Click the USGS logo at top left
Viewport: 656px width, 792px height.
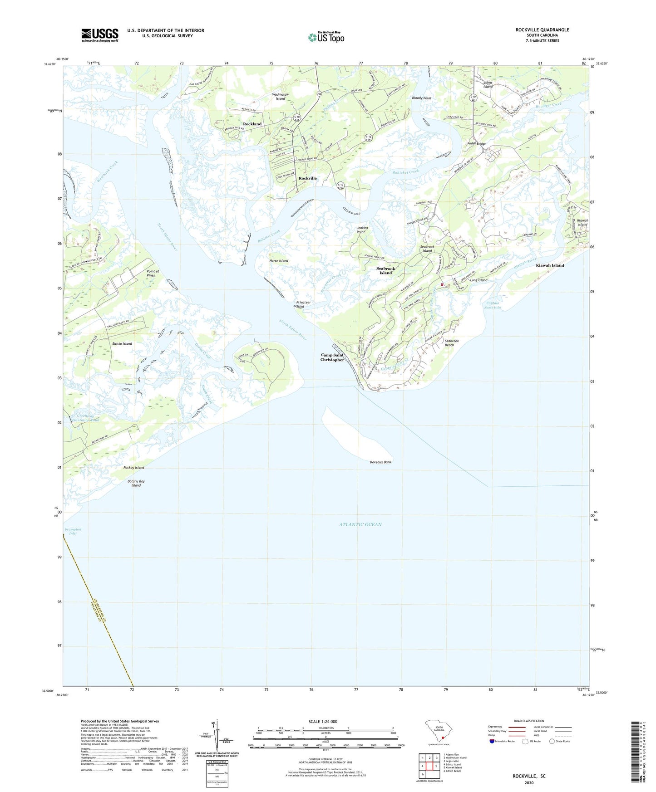coord(99,35)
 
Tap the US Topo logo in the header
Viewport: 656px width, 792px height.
coord(326,37)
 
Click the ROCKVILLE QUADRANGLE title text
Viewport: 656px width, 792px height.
coord(542,30)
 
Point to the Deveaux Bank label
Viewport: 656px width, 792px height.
coord(380,462)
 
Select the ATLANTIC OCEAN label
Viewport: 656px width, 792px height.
coord(360,524)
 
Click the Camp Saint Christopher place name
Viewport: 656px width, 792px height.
coord(332,357)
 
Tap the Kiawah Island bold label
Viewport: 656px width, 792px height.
coord(550,265)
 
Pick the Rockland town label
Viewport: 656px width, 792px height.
coord(252,124)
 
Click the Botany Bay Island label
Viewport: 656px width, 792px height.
coord(136,483)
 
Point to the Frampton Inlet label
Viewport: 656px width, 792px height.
coord(73,531)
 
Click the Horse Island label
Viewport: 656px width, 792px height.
coord(279,261)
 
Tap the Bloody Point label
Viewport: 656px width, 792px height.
coord(421,98)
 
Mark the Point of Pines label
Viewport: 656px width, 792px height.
coord(151,273)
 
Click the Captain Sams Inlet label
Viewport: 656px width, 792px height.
coord(493,305)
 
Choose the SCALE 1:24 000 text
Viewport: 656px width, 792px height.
coord(323,721)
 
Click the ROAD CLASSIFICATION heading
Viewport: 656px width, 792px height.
coord(529,721)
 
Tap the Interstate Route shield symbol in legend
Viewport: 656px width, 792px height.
coord(492,741)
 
